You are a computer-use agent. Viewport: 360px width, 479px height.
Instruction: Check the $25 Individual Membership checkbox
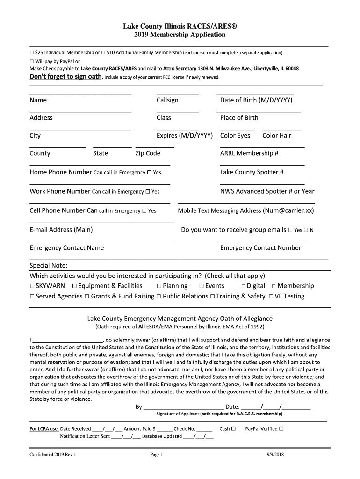pos(32,53)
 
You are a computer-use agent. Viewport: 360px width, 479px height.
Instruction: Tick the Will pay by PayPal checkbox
pos(32,61)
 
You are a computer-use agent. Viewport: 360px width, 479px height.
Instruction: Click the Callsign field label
pos(167,100)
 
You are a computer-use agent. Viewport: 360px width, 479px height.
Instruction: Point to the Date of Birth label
pos(256,100)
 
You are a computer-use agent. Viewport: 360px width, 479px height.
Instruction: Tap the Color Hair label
pos(277,136)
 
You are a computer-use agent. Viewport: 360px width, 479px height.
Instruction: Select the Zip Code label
pos(148,153)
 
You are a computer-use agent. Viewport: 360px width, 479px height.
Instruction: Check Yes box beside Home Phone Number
pos(149,173)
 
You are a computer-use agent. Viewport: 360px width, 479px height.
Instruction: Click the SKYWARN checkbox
pos(32,286)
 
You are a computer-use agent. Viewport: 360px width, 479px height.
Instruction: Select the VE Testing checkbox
pos(271,297)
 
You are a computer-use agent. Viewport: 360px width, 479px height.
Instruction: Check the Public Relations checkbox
pos(159,297)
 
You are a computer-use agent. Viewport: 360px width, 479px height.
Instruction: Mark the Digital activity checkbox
pos(244,286)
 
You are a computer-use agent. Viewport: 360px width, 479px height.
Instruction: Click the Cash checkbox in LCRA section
pos(233,429)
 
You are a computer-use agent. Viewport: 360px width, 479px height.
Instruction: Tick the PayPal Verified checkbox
pos(281,429)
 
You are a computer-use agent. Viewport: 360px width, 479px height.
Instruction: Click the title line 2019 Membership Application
pos(180,35)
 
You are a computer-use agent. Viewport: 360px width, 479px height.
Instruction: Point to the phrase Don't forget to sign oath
pos(66,77)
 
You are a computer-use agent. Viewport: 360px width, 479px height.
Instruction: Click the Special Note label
pos(49,266)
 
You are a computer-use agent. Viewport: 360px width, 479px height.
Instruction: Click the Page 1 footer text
pos(156,455)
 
